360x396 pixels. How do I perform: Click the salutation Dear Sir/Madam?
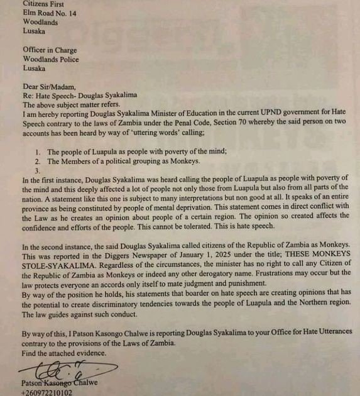(51, 87)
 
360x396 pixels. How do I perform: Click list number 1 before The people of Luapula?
(38, 151)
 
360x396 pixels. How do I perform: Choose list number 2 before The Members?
(38, 161)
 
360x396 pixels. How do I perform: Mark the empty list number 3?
(38, 170)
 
